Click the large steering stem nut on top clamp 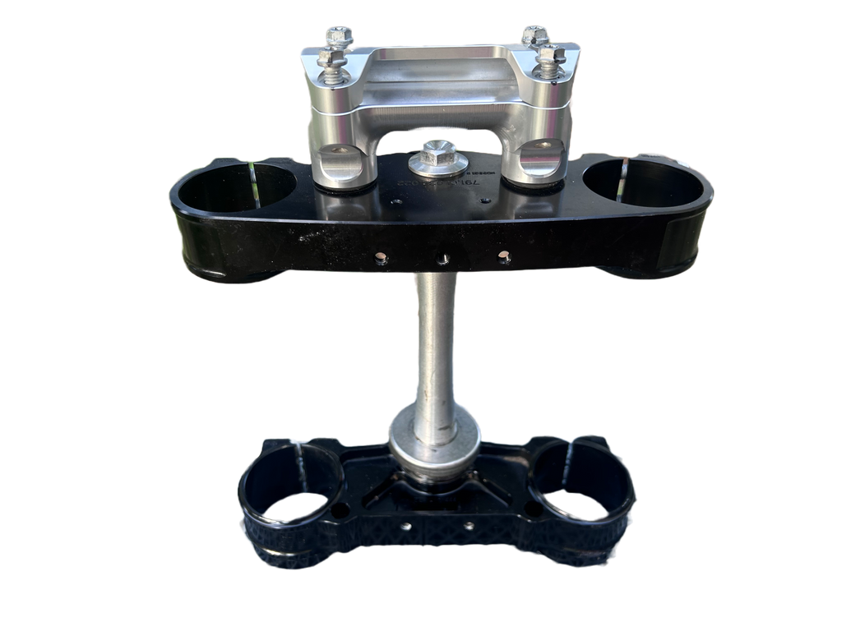(x=438, y=159)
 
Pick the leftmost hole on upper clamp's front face (x=380, y=258)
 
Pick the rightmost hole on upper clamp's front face (x=503, y=258)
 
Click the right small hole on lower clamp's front (x=470, y=525)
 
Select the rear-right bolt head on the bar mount (x=534, y=35)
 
